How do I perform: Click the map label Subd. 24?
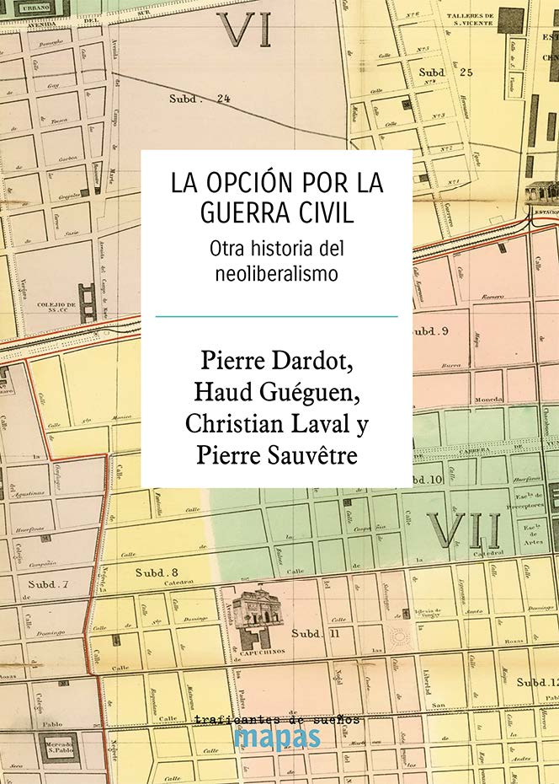[x=200, y=99]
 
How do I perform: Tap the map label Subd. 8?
[x=157, y=572]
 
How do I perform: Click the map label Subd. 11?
[x=314, y=633]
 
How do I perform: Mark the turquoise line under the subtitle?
[x=276, y=316]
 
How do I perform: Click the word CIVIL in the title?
[x=327, y=212]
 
